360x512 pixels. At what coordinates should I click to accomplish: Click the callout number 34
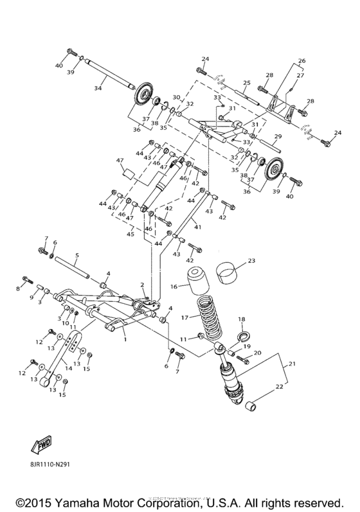click(98, 88)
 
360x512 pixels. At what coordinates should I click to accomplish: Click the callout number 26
click(301, 61)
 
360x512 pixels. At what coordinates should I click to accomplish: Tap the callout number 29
click(278, 136)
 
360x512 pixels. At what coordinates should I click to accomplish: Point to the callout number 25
click(246, 83)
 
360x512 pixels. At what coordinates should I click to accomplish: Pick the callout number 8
click(18, 289)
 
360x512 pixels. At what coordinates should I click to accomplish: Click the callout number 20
click(256, 353)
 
